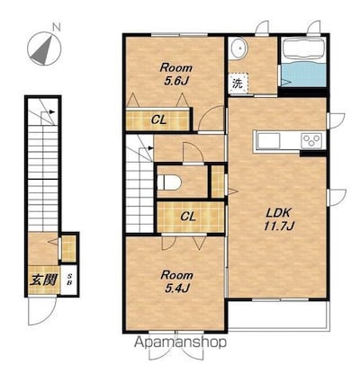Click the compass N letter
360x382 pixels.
click(56, 26)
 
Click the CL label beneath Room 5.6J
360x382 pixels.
click(158, 119)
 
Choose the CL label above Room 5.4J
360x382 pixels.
click(188, 216)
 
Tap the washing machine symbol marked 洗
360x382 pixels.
click(238, 84)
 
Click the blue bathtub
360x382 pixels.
click(302, 62)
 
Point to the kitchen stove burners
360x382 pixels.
click(310, 140)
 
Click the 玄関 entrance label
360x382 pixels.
click(40, 277)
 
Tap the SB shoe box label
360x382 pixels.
click(69, 276)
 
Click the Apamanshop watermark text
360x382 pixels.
click(181, 342)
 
